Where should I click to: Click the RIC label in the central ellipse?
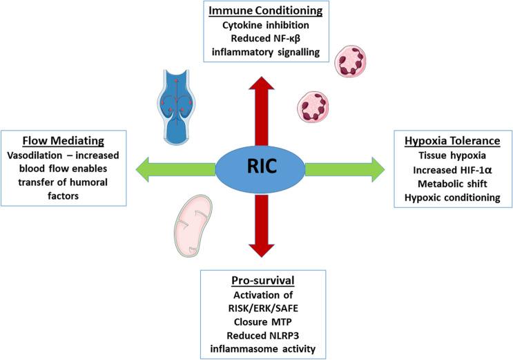pos(262,166)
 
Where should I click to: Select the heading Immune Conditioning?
pos(266,10)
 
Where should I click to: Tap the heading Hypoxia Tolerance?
pos(452,141)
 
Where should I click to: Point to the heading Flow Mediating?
pos(64,141)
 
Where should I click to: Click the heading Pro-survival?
pos(263,281)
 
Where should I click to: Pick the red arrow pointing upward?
pos(262,111)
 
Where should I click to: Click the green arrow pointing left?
pos(175,169)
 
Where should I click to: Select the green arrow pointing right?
pos(345,169)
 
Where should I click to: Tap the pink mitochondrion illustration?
pos(193,226)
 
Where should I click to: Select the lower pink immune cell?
pos(313,107)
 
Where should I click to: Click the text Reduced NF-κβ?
pos(266,39)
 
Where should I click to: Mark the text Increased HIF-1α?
pos(452,170)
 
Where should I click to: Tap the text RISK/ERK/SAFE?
pos(263,308)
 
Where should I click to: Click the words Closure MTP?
pos(263,322)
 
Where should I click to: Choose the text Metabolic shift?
pos(452,184)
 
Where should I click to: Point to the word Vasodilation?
pos(35,155)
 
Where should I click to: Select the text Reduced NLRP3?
pos(263,336)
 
